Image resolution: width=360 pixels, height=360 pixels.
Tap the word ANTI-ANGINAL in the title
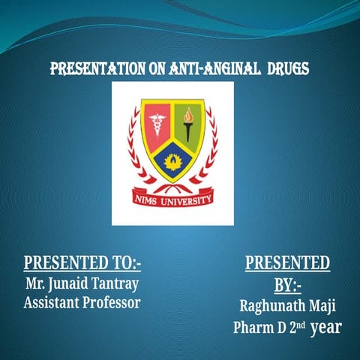pos(206,70)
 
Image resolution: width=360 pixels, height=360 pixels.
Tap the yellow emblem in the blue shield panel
pos(173,162)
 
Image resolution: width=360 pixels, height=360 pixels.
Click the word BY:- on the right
pos(287,286)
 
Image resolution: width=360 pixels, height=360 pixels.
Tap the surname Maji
pos(322,307)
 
